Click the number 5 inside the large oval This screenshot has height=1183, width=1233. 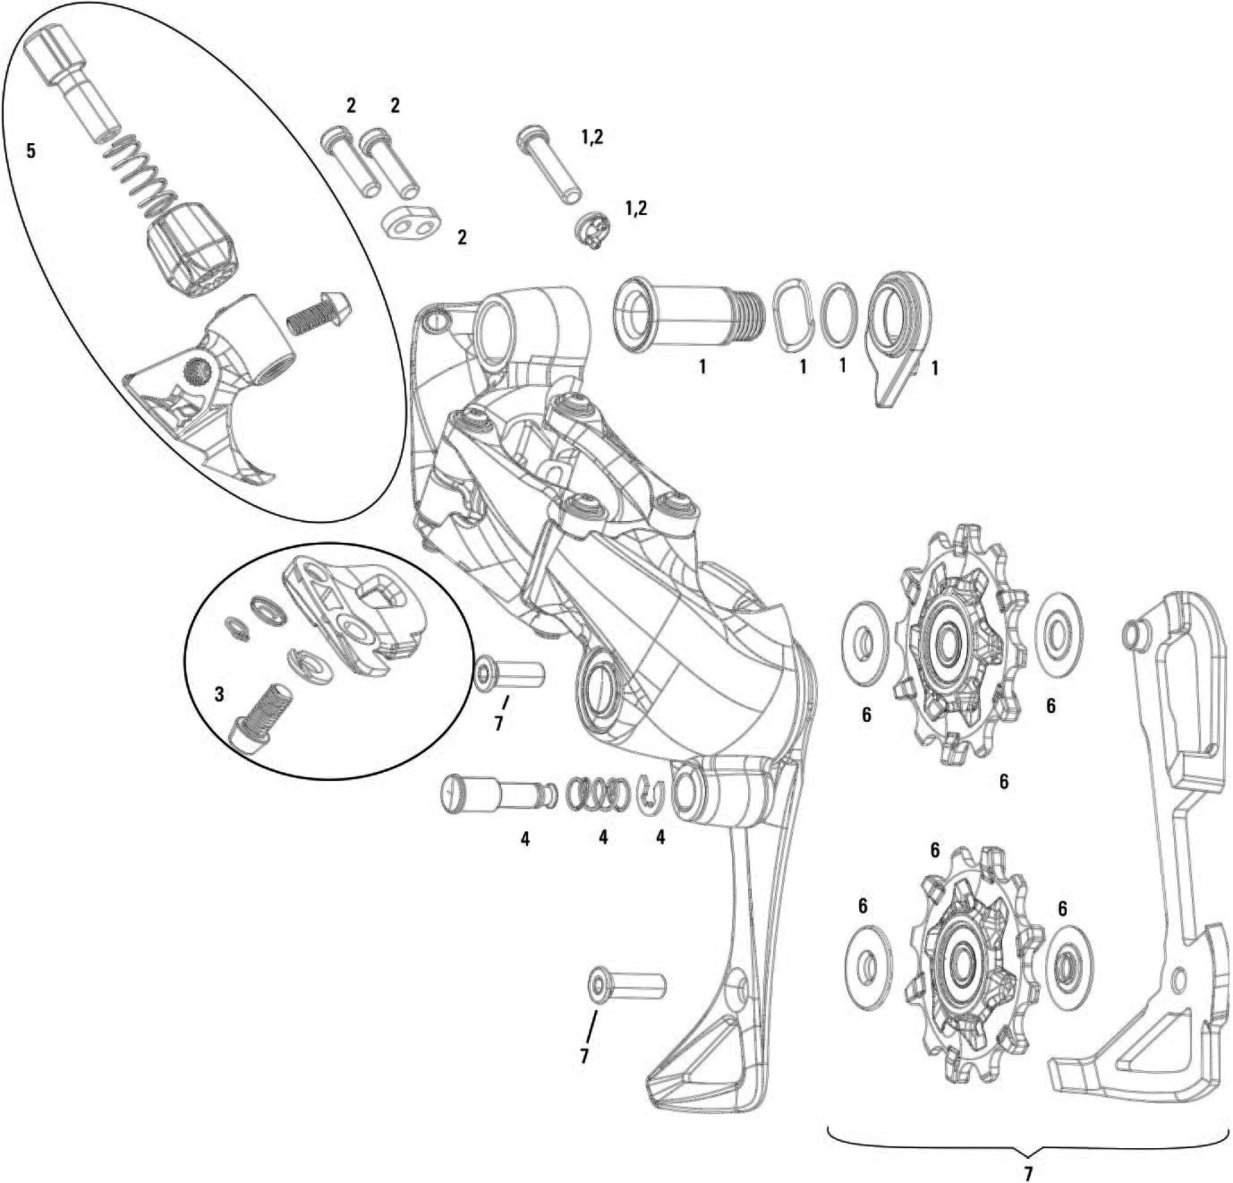31,151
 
